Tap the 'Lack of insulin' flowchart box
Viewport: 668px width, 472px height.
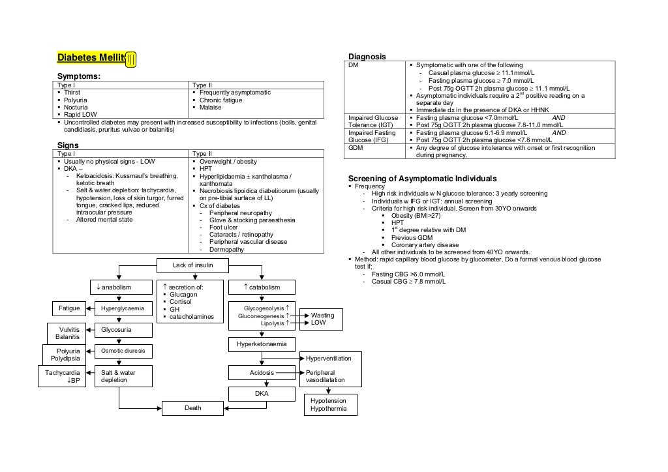coord(192,265)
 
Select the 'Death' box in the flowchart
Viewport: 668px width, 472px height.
coord(192,407)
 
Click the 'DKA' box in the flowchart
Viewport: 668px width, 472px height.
coord(262,394)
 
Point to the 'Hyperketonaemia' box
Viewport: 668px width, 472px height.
coord(262,344)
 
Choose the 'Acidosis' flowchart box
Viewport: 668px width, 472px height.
coord(262,373)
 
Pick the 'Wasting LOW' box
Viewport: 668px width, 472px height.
coord(322,319)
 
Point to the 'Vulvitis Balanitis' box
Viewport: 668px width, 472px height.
coord(68,333)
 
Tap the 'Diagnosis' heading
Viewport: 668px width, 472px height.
coord(367,57)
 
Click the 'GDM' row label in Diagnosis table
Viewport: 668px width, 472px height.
coord(356,147)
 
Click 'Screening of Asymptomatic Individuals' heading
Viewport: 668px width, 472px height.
coord(422,179)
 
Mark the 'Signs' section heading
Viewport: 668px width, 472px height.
coord(68,145)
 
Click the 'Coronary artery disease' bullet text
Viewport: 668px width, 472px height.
coord(425,245)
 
